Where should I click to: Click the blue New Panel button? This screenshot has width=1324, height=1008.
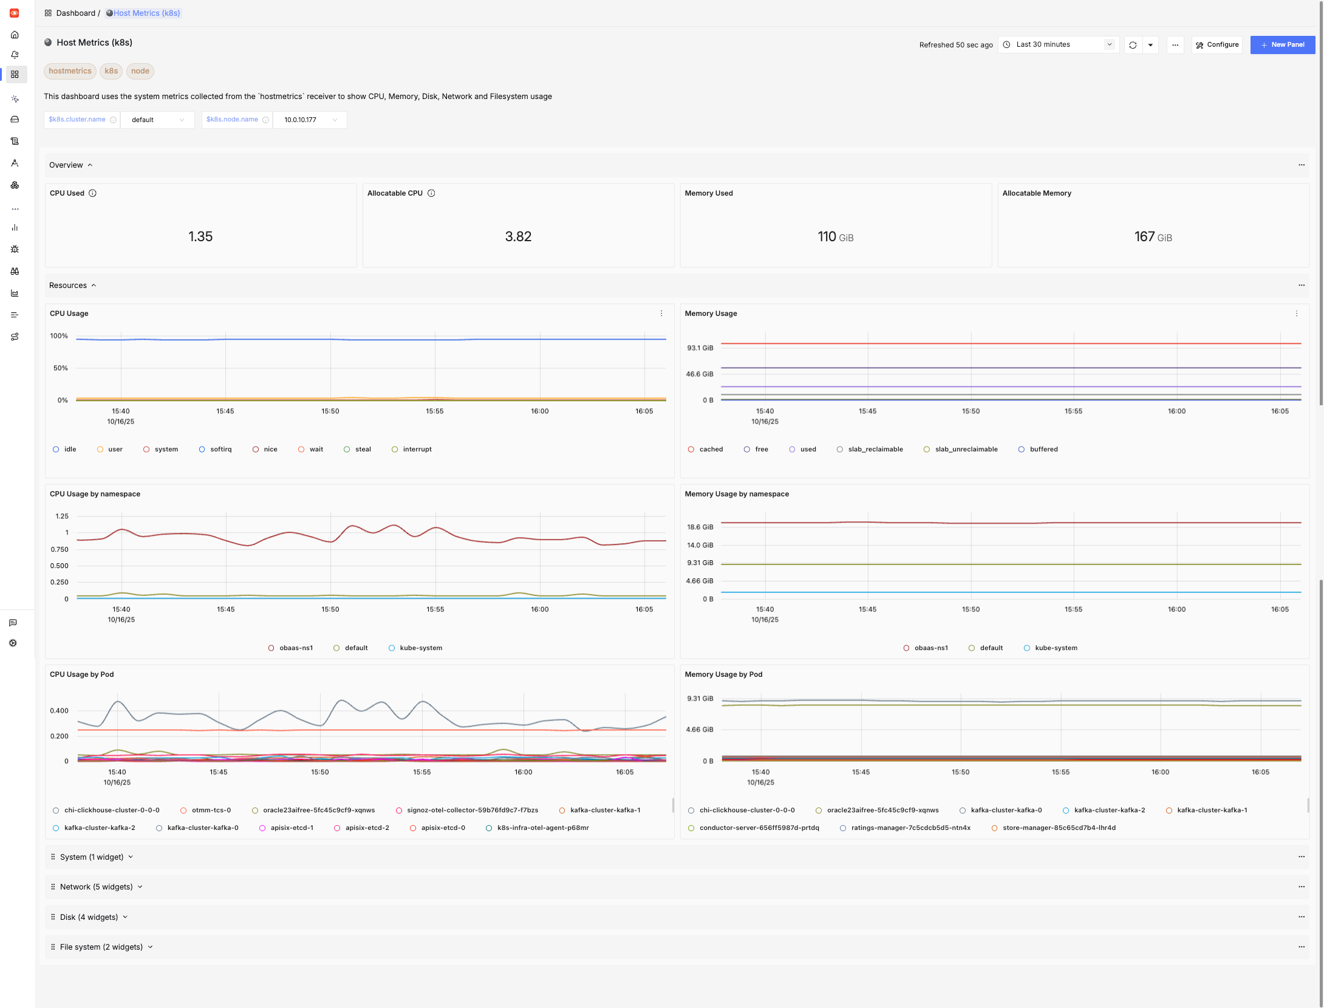tap(1282, 44)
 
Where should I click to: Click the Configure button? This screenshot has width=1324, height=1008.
tap(1217, 44)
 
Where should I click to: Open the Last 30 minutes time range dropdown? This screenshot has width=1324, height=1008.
tap(1057, 44)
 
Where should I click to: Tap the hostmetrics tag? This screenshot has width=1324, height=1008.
tap(70, 71)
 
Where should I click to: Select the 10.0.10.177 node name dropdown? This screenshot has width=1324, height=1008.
tap(310, 120)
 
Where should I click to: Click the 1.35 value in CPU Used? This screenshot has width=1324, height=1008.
tap(200, 236)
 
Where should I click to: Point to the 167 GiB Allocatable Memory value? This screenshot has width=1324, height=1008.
tap(1152, 236)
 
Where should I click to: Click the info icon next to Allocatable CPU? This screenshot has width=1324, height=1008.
tap(431, 193)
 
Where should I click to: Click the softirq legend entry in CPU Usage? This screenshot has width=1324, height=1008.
tap(220, 449)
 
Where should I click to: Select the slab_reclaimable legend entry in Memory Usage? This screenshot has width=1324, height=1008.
tap(875, 449)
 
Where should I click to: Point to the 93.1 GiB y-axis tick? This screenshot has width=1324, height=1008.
tap(700, 348)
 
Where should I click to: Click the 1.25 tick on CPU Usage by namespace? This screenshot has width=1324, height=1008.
tap(62, 516)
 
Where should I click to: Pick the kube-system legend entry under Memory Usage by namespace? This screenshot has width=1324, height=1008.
tap(1056, 648)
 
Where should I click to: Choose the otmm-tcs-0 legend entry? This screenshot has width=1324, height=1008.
tap(211, 810)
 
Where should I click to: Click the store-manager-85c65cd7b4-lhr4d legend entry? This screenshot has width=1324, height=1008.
tap(1059, 828)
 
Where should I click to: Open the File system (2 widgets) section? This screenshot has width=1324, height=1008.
tap(101, 947)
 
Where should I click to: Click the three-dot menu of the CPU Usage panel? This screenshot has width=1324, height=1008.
tap(661, 314)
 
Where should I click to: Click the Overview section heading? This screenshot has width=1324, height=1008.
tap(66, 165)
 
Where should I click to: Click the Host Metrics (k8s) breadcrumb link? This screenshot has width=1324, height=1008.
tap(146, 13)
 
